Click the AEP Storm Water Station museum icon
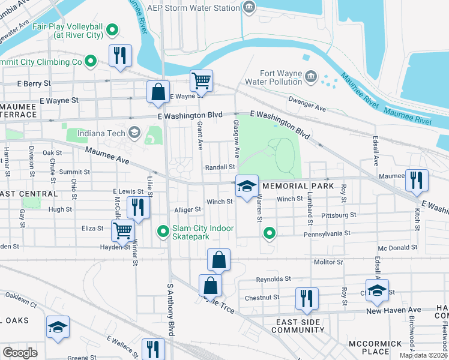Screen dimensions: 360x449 [x=249, y=7]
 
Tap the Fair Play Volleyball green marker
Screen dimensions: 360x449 [x=112, y=29]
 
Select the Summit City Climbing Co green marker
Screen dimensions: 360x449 [x=90, y=61]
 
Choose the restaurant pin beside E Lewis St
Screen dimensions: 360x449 [x=139, y=208]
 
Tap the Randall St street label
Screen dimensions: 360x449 [x=220, y=167]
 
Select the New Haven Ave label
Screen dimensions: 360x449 [x=393, y=310]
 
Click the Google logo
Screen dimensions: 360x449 [x=20, y=352]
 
